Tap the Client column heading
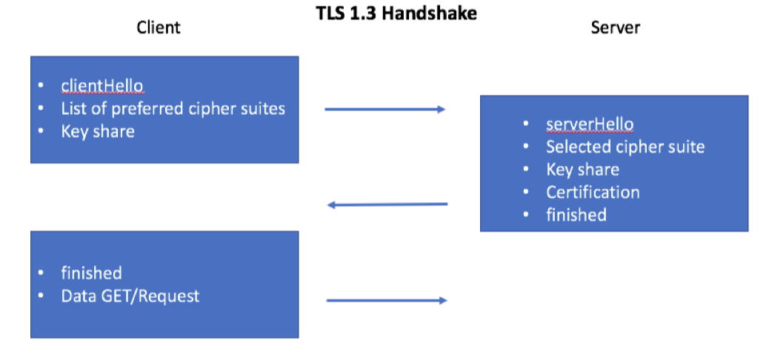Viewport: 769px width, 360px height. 159,27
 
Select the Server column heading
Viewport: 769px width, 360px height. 615,27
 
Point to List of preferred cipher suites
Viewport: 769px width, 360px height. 173,108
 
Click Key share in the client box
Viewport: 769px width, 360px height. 98,131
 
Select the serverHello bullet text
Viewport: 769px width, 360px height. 590,124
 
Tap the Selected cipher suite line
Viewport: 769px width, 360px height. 625,147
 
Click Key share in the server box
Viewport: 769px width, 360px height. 582,169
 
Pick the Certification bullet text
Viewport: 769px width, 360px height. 593,192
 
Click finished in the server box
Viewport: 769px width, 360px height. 576,215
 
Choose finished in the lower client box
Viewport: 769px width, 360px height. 91,273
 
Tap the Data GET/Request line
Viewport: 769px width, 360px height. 130,296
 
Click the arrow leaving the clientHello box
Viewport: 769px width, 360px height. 384,110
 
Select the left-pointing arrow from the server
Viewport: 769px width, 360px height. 387,204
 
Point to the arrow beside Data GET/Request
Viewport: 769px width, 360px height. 386,300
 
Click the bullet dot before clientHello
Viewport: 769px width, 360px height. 41,85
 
